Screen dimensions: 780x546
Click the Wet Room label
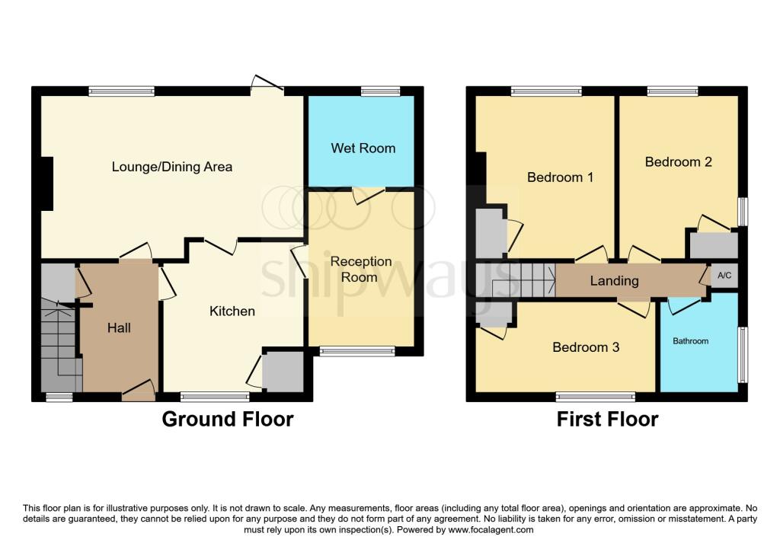(363, 148)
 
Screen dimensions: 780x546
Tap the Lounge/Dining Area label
(172, 167)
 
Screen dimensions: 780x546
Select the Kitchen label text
(232, 311)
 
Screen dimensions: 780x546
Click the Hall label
(119, 328)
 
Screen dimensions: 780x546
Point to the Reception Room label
(361, 269)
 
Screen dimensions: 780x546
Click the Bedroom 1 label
(560, 177)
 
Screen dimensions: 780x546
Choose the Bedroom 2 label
(679, 162)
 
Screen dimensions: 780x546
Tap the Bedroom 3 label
(586, 347)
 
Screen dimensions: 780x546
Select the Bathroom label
(690, 341)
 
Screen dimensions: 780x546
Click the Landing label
(615, 281)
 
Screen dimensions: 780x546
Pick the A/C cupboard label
(724, 276)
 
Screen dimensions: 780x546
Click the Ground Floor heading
(228, 419)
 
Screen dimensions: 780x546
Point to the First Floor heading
(607, 419)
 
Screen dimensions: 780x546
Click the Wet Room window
(381, 91)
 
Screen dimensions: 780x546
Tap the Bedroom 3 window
(596, 397)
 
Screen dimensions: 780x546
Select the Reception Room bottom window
(356, 352)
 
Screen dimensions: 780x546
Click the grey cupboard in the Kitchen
(283, 372)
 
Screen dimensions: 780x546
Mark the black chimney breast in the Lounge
(47, 184)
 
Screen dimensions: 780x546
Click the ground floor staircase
(61, 344)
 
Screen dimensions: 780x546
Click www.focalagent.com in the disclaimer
(491, 530)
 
